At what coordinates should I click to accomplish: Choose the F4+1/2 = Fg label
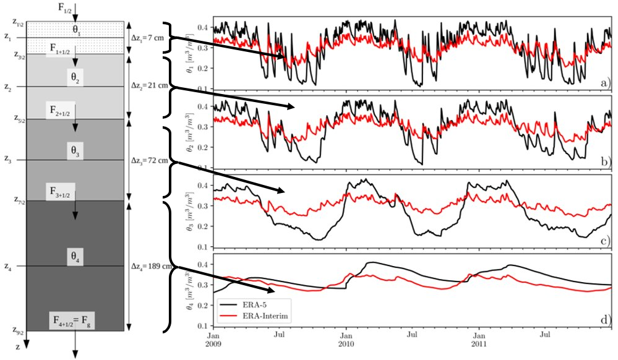pyautogui.click(x=75, y=320)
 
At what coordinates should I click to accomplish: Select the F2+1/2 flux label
pyautogui.click(x=63, y=109)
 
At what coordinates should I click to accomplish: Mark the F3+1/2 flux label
pyautogui.click(x=63, y=190)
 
